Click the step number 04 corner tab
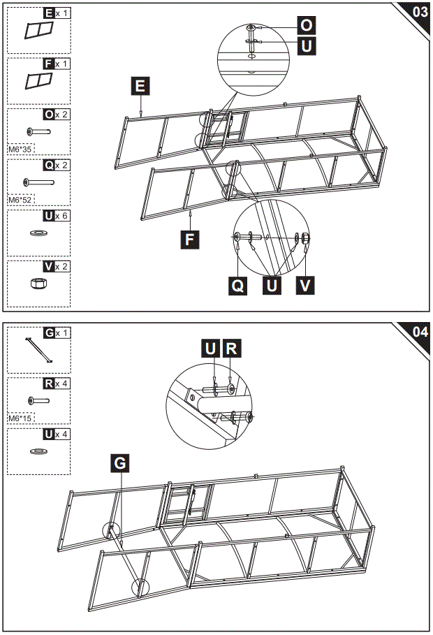click(x=419, y=331)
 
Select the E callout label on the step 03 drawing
click(x=140, y=86)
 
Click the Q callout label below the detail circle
click(x=239, y=286)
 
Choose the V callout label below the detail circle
click(x=305, y=286)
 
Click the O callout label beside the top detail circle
click(x=306, y=24)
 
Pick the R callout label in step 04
click(x=232, y=348)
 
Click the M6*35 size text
click(x=21, y=149)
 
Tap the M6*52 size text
click(x=21, y=199)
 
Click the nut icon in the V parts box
click(x=38, y=283)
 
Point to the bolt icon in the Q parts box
click(x=39, y=182)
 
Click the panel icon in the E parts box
click(x=39, y=31)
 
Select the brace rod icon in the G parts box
click(x=39, y=349)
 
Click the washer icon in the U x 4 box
click(x=38, y=451)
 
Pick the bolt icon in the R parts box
click(x=38, y=400)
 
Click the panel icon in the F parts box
click(x=39, y=82)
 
